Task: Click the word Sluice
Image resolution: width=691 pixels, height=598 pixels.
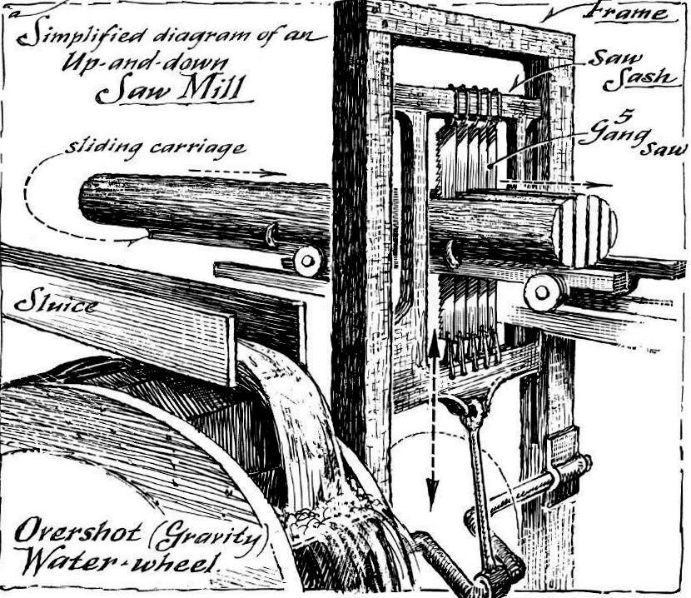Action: coord(56,304)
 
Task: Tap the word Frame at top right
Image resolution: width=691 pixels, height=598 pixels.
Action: coord(630,12)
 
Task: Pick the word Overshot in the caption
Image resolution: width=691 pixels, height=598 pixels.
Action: coord(78,531)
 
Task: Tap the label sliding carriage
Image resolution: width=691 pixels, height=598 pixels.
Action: coord(155,147)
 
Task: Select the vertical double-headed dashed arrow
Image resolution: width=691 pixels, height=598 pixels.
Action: coord(433,419)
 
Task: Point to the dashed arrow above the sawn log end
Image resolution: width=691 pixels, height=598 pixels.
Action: coord(556,182)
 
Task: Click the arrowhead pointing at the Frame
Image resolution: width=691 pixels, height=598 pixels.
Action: coord(552,16)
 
